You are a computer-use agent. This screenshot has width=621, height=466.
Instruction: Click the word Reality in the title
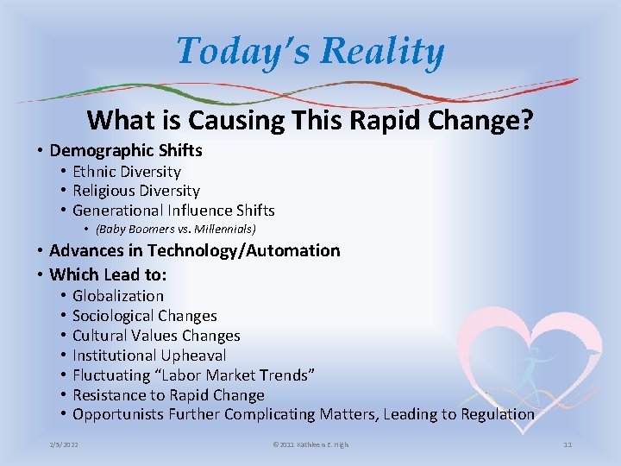386,52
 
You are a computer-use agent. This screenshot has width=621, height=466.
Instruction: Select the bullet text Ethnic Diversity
127,172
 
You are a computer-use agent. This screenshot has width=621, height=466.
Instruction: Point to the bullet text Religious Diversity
136,191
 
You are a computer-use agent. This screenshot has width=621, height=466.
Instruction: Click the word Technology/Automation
244,251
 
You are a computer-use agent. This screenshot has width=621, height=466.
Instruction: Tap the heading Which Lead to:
109,275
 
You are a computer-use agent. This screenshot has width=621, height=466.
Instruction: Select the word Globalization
118,296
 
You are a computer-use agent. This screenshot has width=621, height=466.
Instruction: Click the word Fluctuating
110,375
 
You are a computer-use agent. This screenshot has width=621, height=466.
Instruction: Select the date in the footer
66,444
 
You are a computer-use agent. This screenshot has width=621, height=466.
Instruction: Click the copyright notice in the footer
310,444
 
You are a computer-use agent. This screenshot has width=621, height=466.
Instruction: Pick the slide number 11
568,444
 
